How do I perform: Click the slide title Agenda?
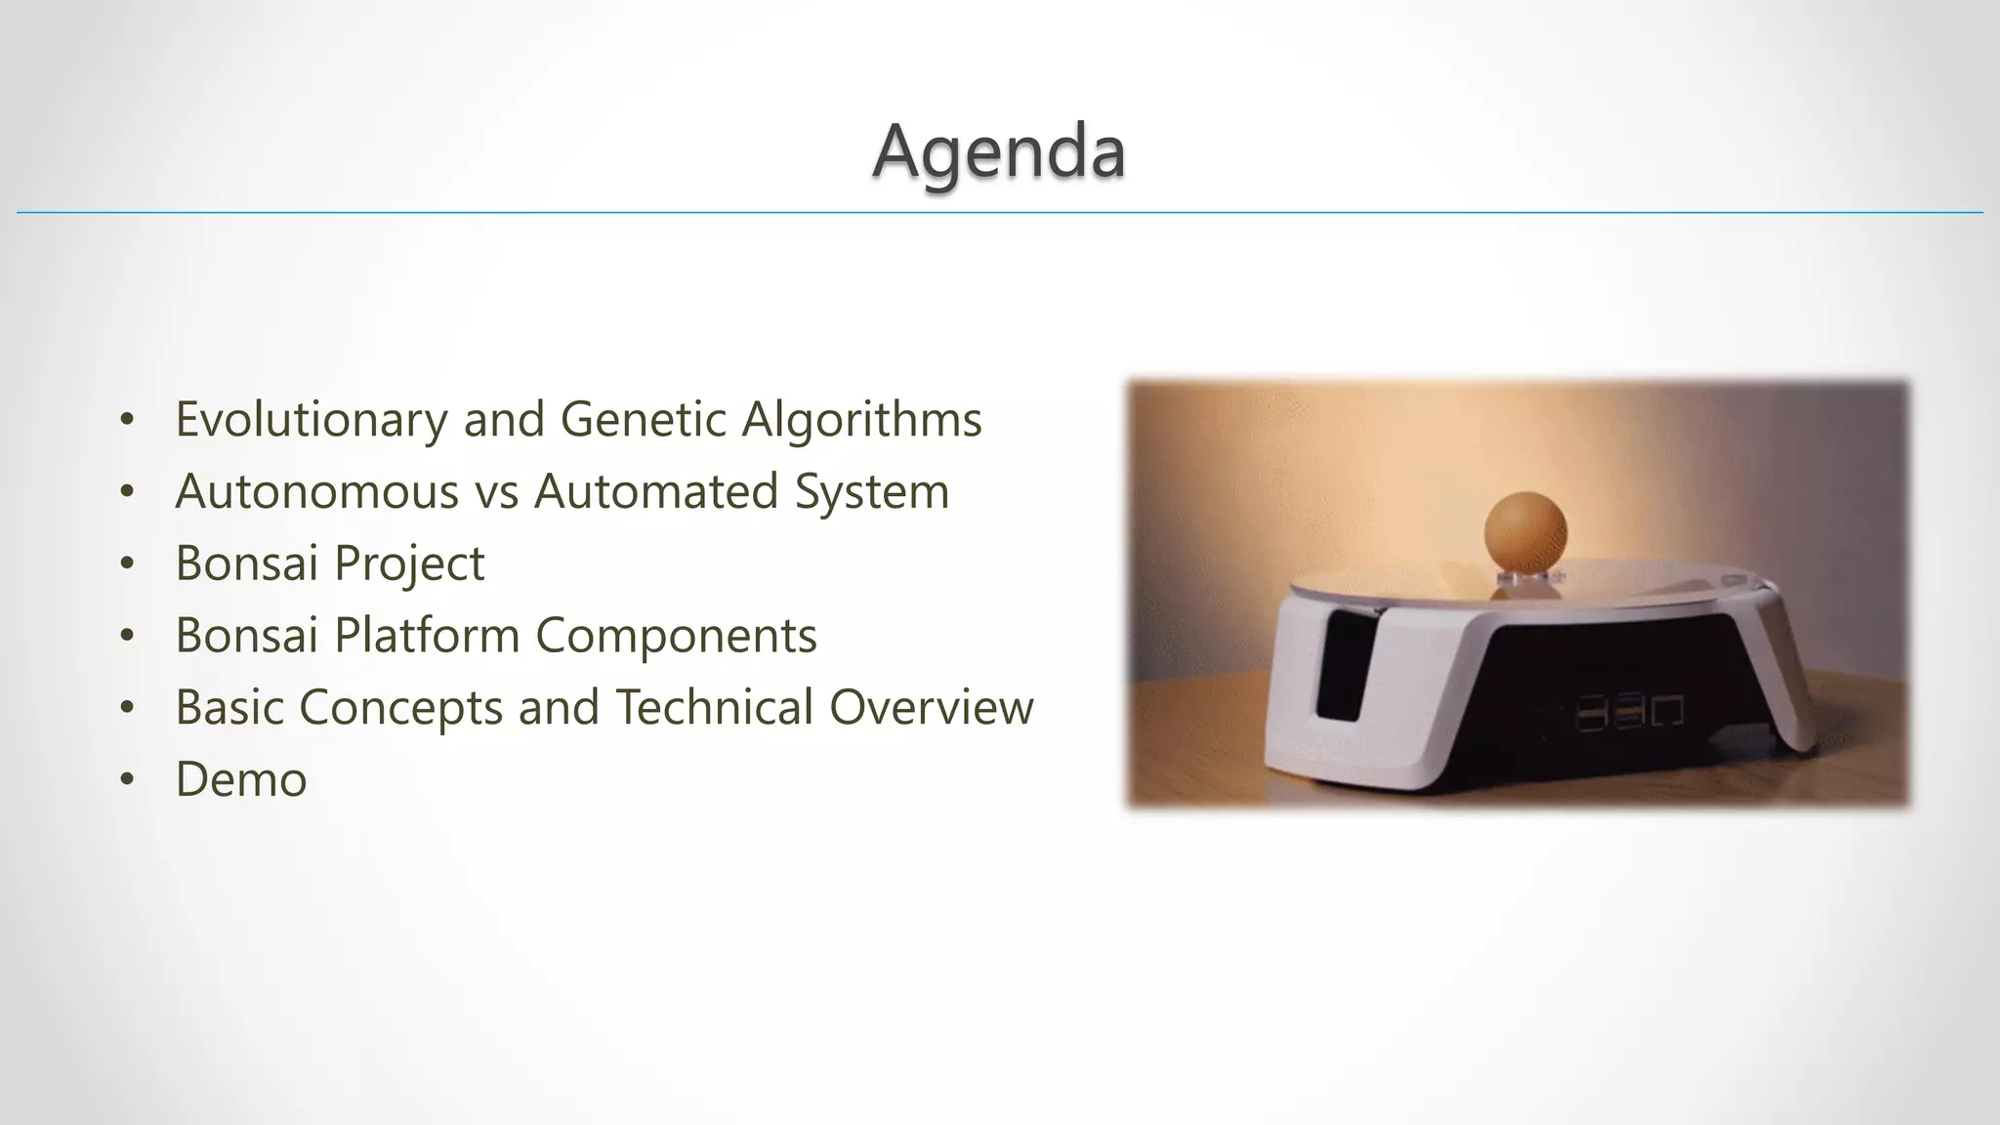coord(999,152)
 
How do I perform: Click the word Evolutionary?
coord(311,420)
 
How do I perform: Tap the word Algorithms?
coord(861,420)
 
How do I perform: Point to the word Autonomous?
coord(316,491)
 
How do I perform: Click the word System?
coord(871,491)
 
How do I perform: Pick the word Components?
coord(676,636)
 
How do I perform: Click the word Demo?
coord(241,779)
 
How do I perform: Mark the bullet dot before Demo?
coord(126,780)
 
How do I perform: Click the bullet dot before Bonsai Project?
coord(126,564)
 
